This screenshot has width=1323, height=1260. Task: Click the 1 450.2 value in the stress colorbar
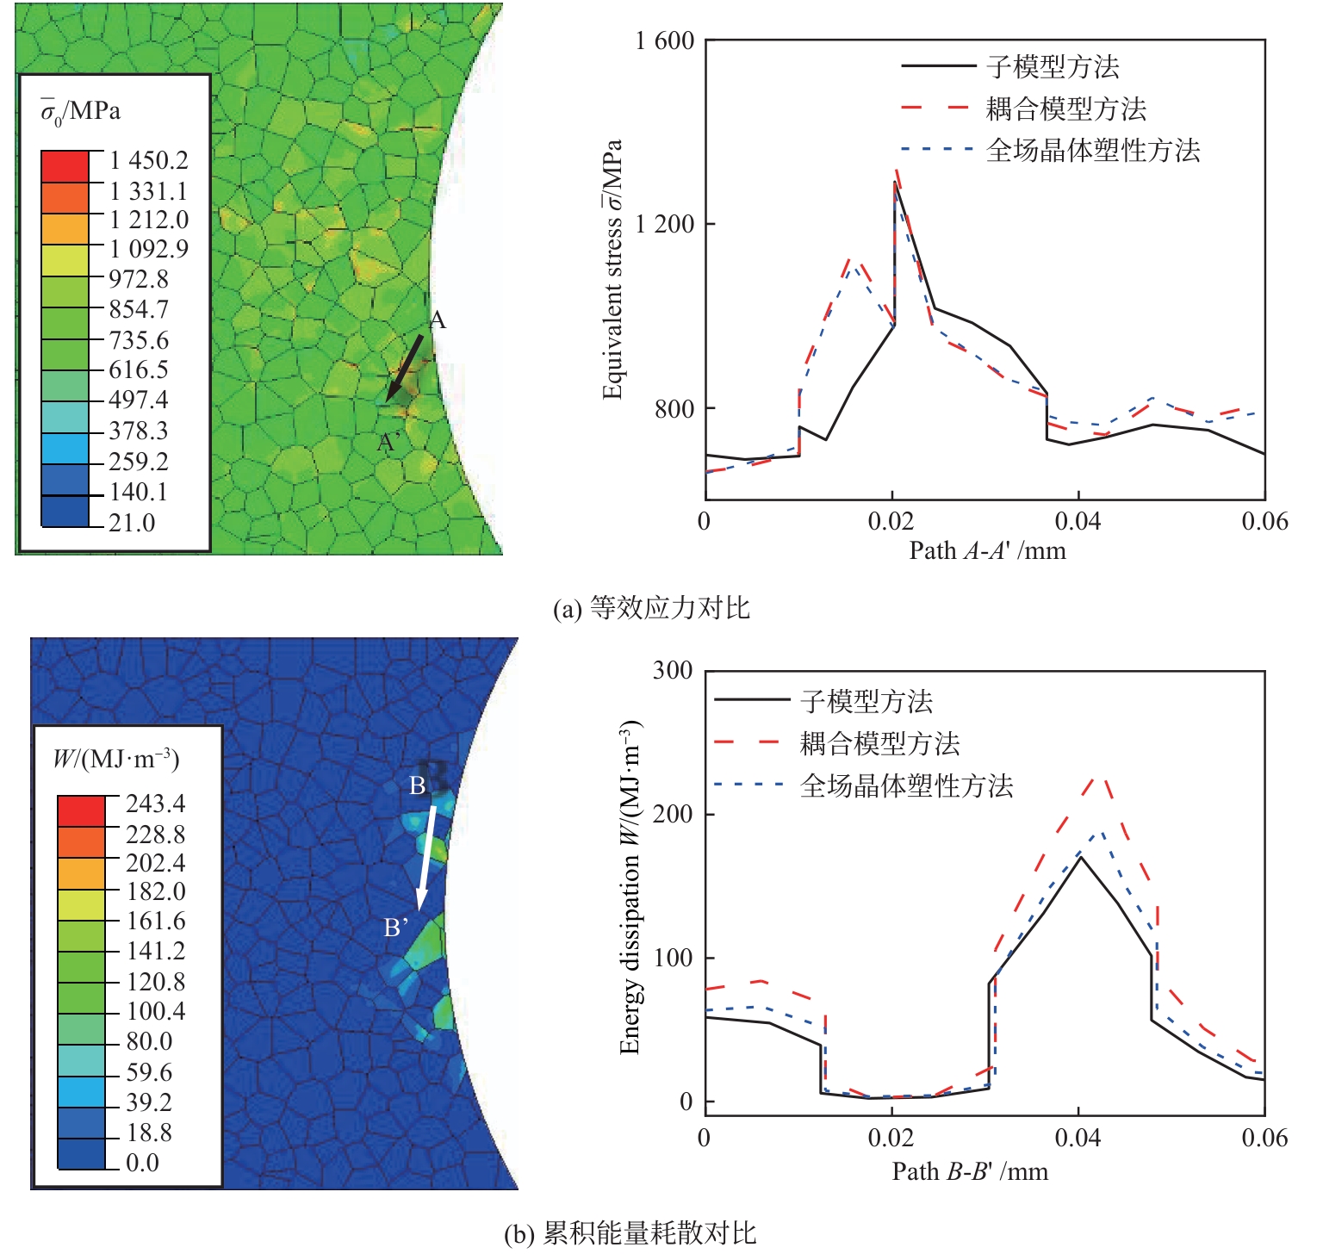click(148, 161)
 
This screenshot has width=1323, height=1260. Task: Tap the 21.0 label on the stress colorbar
click(132, 523)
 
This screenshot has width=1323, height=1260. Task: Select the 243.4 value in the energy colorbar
click(155, 804)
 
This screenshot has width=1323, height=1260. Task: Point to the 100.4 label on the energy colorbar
click(156, 1011)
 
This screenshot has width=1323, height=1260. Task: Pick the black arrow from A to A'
click(405, 368)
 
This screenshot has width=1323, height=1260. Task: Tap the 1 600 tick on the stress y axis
click(665, 41)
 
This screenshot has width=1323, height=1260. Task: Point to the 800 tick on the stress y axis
click(674, 408)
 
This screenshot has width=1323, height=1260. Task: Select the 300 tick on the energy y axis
click(673, 671)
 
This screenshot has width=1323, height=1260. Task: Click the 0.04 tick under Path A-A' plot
click(1078, 522)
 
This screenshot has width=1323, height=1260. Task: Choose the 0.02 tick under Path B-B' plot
click(891, 1139)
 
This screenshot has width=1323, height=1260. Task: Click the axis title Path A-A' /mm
click(987, 550)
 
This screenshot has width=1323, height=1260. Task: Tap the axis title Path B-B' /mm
click(970, 1171)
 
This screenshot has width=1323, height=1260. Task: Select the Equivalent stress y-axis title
click(612, 270)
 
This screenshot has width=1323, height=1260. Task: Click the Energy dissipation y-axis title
click(630, 887)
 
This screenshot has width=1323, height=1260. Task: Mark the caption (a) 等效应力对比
click(651, 609)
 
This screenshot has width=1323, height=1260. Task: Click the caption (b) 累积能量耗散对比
click(630, 1233)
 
